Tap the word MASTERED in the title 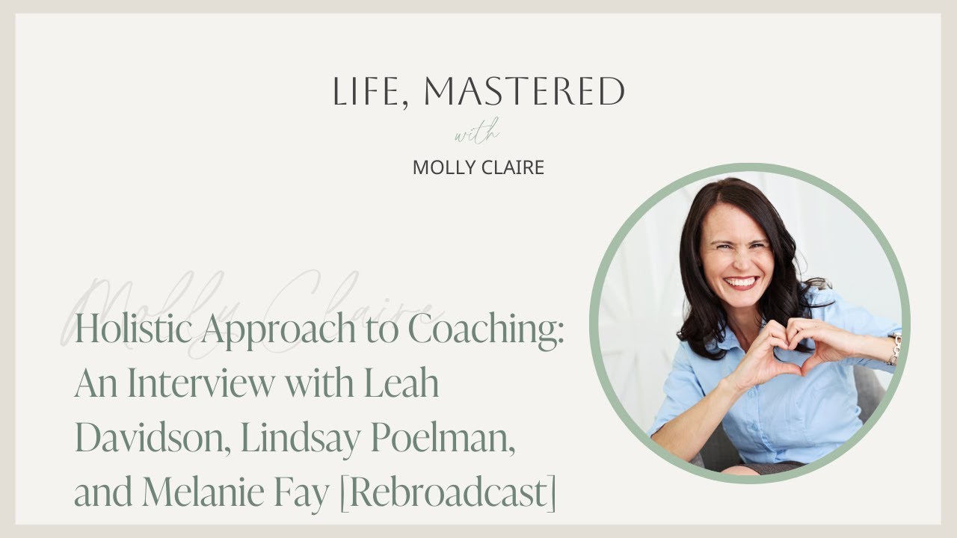[524, 92]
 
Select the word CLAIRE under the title [513, 167]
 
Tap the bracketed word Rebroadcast [449, 493]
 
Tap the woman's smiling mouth [741, 283]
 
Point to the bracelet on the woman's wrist [893, 350]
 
